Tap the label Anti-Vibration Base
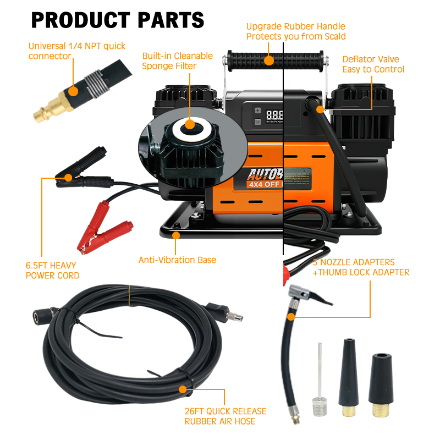click(177, 260)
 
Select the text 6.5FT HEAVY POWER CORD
click(53, 271)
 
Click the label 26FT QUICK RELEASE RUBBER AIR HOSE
click(226, 416)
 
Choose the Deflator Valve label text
click(373, 64)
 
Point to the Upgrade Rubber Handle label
click(296, 31)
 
